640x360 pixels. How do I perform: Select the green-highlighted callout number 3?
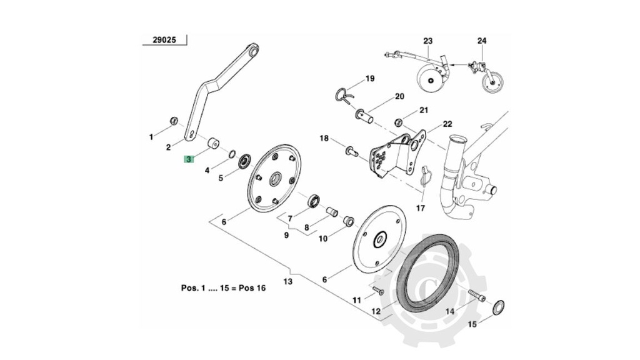click(188, 159)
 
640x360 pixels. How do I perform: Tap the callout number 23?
click(427, 41)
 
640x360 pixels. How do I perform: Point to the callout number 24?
click(481, 41)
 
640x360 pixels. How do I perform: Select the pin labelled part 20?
click(366, 115)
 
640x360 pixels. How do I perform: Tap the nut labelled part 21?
click(398, 120)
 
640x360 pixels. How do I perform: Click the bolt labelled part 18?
click(351, 150)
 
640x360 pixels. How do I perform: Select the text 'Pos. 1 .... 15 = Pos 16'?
click(223, 288)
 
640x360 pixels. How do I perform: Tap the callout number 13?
click(287, 282)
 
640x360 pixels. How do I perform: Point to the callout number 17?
click(420, 207)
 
